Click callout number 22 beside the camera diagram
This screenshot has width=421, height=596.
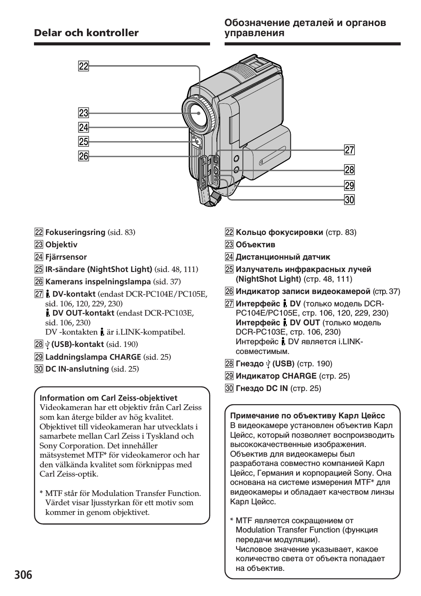coord(83,67)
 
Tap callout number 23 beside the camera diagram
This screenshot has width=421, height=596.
coord(83,113)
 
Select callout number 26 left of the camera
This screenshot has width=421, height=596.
coord(83,156)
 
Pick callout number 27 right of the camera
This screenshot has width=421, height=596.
coord(350,150)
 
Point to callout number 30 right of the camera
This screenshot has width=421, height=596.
coord(350,200)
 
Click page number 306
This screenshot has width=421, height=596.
coord(23,575)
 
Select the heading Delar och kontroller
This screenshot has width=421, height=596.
coord(86,33)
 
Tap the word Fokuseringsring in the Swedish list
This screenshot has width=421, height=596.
coord(75,232)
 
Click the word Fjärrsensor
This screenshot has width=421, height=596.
coord(66,257)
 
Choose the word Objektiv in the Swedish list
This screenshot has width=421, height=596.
coord(61,245)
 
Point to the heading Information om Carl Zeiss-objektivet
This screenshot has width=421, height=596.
coord(109,398)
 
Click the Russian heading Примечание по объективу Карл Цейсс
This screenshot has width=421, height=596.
coord(308,416)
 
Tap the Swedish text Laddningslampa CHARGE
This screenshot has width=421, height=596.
coord(93,357)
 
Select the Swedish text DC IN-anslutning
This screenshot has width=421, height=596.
coord(77,369)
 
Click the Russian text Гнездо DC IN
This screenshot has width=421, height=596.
coord(262,388)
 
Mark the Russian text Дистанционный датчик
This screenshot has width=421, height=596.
coord(283,257)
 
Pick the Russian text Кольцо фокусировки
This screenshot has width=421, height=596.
coord(279,232)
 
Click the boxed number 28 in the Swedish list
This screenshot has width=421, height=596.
coord(38,345)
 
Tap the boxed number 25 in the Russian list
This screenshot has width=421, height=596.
coord(229,269)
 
